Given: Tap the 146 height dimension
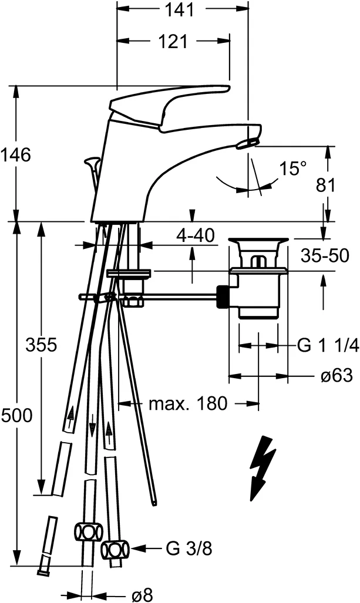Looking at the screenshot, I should [x=15, y=155].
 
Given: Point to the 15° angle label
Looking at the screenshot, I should [x=292, y=169].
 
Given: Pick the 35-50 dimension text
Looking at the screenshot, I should [x=325, y=256].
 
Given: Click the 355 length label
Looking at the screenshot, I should [x=41, y=345].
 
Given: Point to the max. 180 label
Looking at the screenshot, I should [x=187, y=403].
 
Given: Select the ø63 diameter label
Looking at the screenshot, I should [x=337, y=376].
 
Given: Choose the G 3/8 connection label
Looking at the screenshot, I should [x=188, y=549].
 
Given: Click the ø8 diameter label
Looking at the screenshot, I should [x=142, y=594].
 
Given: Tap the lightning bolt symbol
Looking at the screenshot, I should [x=261, y=468].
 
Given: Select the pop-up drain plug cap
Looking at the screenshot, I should [x=258, y=241].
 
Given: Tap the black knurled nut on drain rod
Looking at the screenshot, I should [x=223, y=297].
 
